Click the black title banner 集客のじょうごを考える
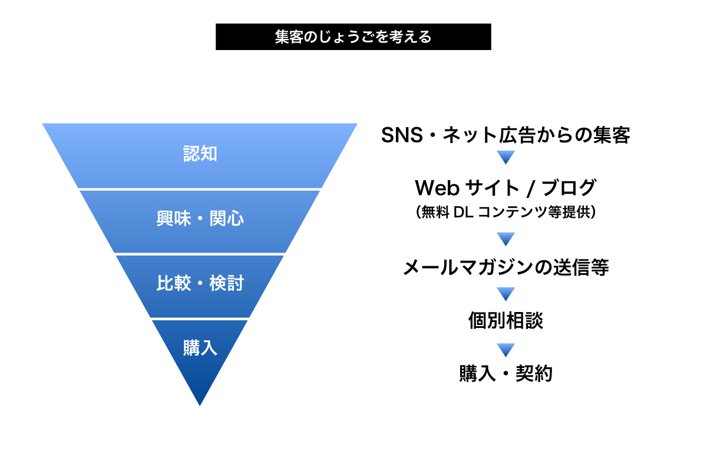[x=353, y=37]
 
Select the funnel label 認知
[x=200, y=154]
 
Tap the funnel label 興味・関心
[x=200, y=218]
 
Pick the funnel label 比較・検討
[x=200, y=283]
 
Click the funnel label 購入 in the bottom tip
[x=200, y=347]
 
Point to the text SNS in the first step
[x=402, y=135]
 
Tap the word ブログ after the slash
[x=569, y=187]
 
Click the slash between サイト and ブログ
[x=530, y=188]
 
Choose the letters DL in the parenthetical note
[x=463, y=212]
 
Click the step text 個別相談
[x=506, y=320]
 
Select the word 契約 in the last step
[x=534, y=373]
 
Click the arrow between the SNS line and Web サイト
[x=506, y=157]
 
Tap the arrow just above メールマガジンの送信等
[x=506, y=239]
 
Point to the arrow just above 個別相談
[x=506, y=294]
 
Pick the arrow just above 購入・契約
[x=506, y=350]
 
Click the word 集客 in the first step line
[x=612, y=135]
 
